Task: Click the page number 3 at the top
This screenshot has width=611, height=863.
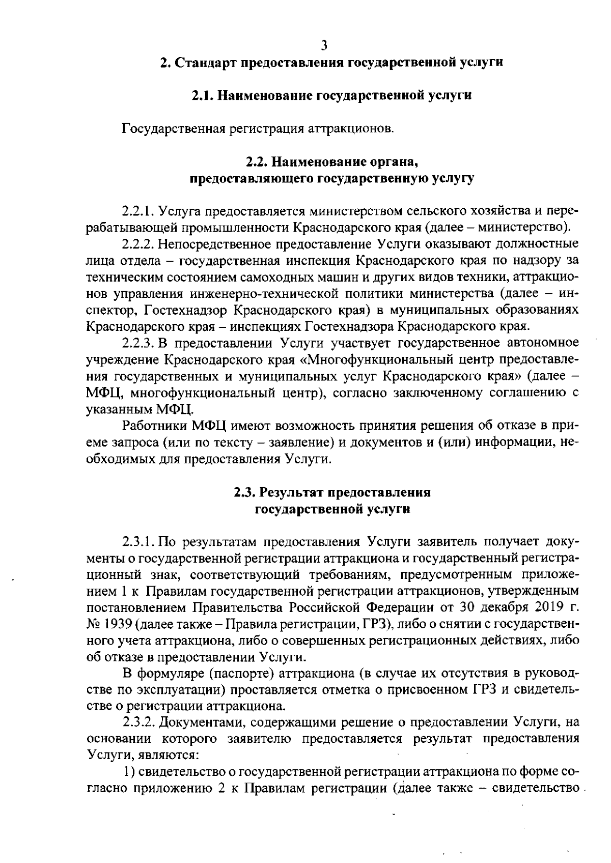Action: click(x=324, y=45)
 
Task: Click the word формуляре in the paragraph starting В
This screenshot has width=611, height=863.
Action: click(x=171, y=674)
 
